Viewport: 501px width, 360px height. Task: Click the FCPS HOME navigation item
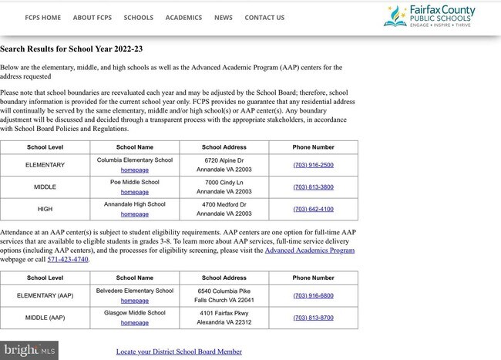(42, 18)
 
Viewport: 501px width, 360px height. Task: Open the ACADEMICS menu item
(183, 18)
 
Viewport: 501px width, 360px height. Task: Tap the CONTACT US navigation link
(264, 18)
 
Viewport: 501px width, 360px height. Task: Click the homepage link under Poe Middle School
(134, 192)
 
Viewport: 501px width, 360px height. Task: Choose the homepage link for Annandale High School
(134, 214)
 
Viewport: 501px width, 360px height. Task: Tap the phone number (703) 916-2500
(313, 165)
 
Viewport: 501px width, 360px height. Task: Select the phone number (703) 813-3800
(313, 187)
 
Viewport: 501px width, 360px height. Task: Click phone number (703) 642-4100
(313, 209)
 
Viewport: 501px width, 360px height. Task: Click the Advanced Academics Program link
(310, 251)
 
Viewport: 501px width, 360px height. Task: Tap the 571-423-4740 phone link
(69, 260)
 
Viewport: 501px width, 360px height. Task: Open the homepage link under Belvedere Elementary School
(134, 301)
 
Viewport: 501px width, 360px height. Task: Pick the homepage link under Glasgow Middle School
(134, 323)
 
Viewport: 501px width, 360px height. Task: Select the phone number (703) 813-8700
(313, 318)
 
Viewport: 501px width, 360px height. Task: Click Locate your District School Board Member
(179, 352)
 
